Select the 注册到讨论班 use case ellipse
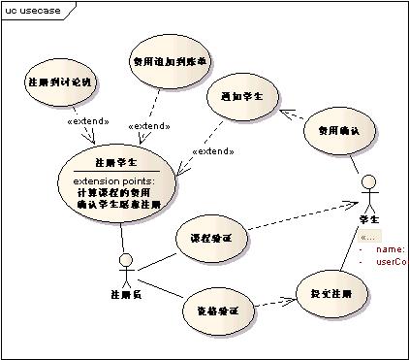click(x=60, y=82)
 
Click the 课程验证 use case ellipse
click(x=209, y=238)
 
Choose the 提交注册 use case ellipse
click(x=331, y=292)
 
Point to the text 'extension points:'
click(x=116, y=180)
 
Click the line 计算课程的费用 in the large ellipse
click(x=116, y=192)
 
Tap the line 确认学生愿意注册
click(x=118, y=205)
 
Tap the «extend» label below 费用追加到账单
click(x=150, y=126)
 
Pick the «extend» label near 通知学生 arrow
click(x=215, y=151)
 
